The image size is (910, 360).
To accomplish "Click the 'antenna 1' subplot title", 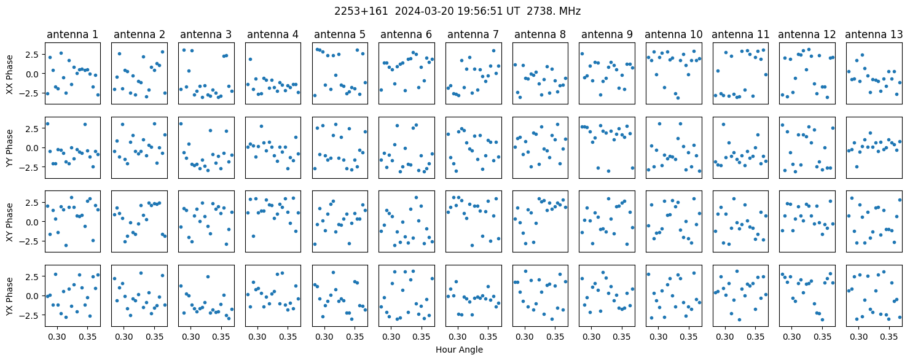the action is [x=73, y=34].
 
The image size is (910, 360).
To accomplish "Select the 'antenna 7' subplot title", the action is [x=473, y=34].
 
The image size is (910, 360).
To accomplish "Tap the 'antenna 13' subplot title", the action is [x=874, y=34].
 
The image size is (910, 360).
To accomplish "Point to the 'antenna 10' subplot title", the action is [x=673, y=34].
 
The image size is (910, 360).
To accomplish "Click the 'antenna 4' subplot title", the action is [x=273, y=34].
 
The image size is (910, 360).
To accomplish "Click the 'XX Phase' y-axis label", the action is [x=10, y=74].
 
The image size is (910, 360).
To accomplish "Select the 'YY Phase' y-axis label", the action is [x=10, y=148].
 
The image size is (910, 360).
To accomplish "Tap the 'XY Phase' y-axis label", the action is [x=10, y=222].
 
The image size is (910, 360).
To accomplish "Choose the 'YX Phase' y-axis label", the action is [x=10, y=296].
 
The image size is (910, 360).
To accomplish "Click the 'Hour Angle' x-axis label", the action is [x=459, y=350].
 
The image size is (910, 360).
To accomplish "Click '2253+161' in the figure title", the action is [x=361, y=12].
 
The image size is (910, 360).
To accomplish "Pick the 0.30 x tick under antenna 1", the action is [x=57, y=337].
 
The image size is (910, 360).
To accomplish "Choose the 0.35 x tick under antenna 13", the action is [x=889, y=337].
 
